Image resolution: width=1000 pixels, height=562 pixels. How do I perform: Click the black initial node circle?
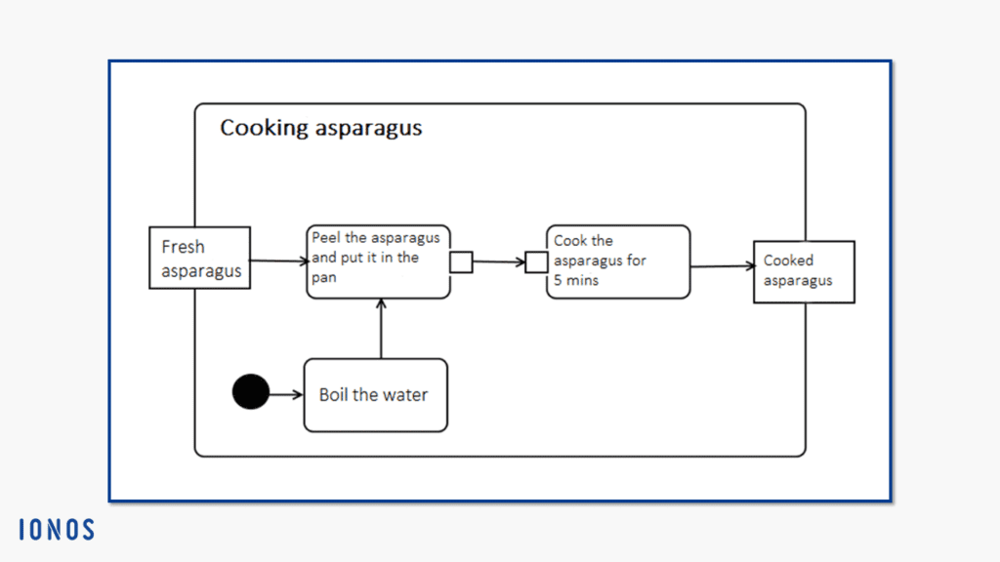[x=251, y=391]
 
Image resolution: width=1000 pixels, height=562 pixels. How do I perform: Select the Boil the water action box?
[x=376, y=395]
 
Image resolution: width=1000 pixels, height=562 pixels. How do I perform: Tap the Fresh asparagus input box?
[x=199, y=258]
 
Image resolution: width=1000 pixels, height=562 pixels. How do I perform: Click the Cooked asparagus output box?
[x=805, y=272]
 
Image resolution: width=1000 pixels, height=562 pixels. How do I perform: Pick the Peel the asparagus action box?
[x=378, y=261]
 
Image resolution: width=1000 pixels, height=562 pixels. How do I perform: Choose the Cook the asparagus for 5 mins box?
[x=618, y=261]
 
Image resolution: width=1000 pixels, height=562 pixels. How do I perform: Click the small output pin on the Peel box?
[x=461, y=261]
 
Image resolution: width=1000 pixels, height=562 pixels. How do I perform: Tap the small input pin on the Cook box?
[x=536, y=261]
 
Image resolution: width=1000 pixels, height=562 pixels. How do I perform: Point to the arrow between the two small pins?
[x=499, y=261]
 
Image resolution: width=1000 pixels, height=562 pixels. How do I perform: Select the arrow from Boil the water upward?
[x=382, y=329]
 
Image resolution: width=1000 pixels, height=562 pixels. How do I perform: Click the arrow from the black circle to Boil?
[x=286, y=394]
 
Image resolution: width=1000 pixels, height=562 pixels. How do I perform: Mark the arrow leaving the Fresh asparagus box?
[x=278, y=261]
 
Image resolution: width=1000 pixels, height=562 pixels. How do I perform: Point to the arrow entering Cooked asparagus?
[x=723, y=266]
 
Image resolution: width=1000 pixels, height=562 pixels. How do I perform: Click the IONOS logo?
[x=57, y=530]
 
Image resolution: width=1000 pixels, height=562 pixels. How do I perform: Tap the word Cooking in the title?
[x=265, y=129]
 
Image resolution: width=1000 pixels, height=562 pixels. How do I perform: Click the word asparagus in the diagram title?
[x=368, y=130]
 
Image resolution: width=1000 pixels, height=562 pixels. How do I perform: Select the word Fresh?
[x=183, y=247]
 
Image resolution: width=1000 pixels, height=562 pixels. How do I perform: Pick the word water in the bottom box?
[x=405, y=395]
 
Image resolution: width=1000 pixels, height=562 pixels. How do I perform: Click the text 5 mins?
[x=576, y=280]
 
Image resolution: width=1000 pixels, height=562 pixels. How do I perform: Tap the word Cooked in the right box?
[x=788, y=260]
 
